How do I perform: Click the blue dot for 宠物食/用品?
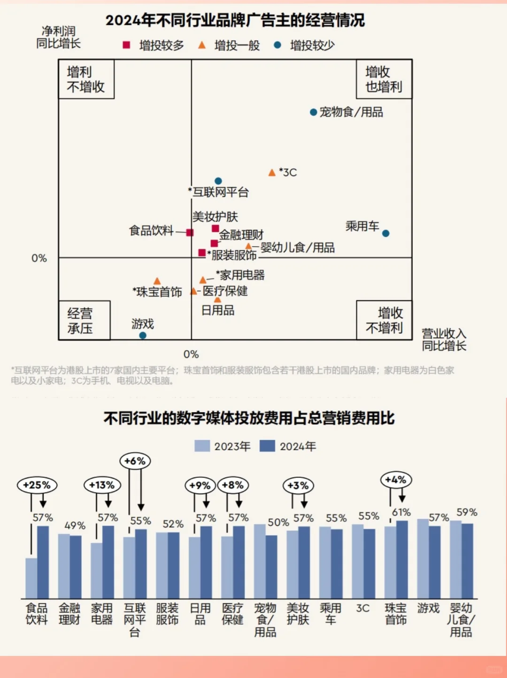click(313, 112)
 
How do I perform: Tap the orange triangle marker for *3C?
click(272, 173)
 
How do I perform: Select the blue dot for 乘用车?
click(385, 234)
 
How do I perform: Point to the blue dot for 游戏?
click(143, 335)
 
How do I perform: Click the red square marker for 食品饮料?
click(190, 233)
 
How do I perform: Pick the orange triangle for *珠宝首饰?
click(157, 281)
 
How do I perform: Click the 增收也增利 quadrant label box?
click(384, 79)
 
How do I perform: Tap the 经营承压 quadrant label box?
click(84, 320)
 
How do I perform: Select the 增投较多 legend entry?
click(154, 46)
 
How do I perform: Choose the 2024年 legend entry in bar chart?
click(288, 446)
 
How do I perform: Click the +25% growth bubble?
click(37, 485)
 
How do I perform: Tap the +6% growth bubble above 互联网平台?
click(135, 461)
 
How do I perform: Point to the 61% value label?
click(401, 512)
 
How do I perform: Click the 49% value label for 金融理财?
click(75, 525)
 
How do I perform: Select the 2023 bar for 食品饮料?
click(31, 578)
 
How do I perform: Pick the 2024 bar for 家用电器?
click(108, 562)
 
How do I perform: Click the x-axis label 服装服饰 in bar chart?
click(167, 614)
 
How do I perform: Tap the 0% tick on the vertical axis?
click(39, 258)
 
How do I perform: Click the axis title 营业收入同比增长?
click(444, 340)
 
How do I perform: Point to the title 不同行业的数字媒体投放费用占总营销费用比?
click(249, 418)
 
